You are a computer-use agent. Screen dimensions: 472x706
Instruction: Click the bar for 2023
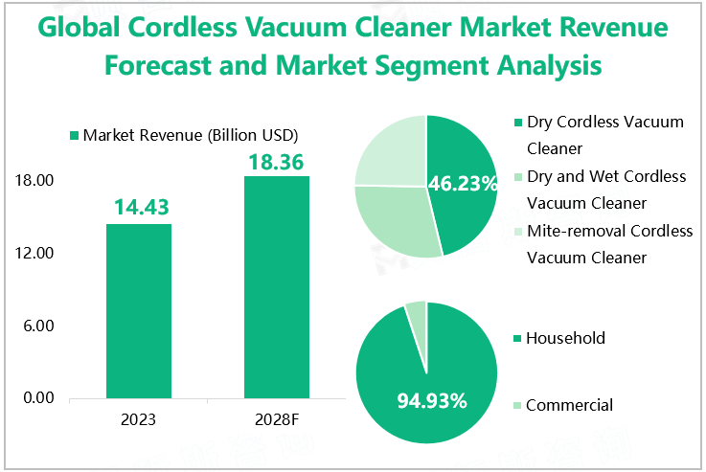tap(139, 310)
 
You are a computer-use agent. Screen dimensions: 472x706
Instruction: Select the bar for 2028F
tap(277, 286)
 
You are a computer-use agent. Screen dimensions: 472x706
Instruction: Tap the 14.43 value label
tap(139, 206)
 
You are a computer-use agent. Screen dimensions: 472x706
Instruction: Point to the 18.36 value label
tap(277, 162)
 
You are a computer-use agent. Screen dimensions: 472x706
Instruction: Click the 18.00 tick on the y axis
tap(34, 181)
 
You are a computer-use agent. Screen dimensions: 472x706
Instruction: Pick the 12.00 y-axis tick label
tap(34, 254)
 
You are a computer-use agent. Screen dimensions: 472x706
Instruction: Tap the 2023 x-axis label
tap(139, 419)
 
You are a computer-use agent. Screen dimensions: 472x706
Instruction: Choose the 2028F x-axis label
tap(277, 419)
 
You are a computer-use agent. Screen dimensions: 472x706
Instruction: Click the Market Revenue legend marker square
tap(74, 135)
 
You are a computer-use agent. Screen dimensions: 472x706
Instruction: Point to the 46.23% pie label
tap(463, 183)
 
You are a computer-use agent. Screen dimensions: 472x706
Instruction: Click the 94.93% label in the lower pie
tap(432, 400)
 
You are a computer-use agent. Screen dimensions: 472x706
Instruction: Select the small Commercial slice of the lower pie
tap(417, 310)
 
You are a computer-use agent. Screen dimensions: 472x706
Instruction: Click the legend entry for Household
tap(565, 338)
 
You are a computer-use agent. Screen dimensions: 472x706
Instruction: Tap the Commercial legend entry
tap(569, 405)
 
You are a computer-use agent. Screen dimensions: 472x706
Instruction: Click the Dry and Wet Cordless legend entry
tap(605, 190)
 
